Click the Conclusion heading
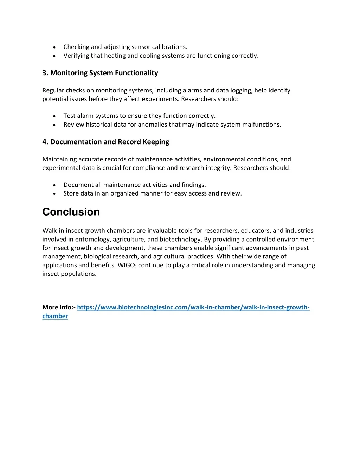[x=71, y=212]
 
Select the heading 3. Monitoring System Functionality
[x=100, y=73]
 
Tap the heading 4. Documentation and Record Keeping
[x=105, y=142]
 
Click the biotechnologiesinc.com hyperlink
[x=193, y=307]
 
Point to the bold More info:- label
[x=59, y=307]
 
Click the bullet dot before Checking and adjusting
[x=54, y=47]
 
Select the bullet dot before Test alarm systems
[x=54, y=116]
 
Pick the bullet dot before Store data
[x=54, y=193]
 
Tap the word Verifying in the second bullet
[x=76, y=56]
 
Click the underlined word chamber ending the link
[x=55, y=316]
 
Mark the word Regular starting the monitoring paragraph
[x=53, y=90]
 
